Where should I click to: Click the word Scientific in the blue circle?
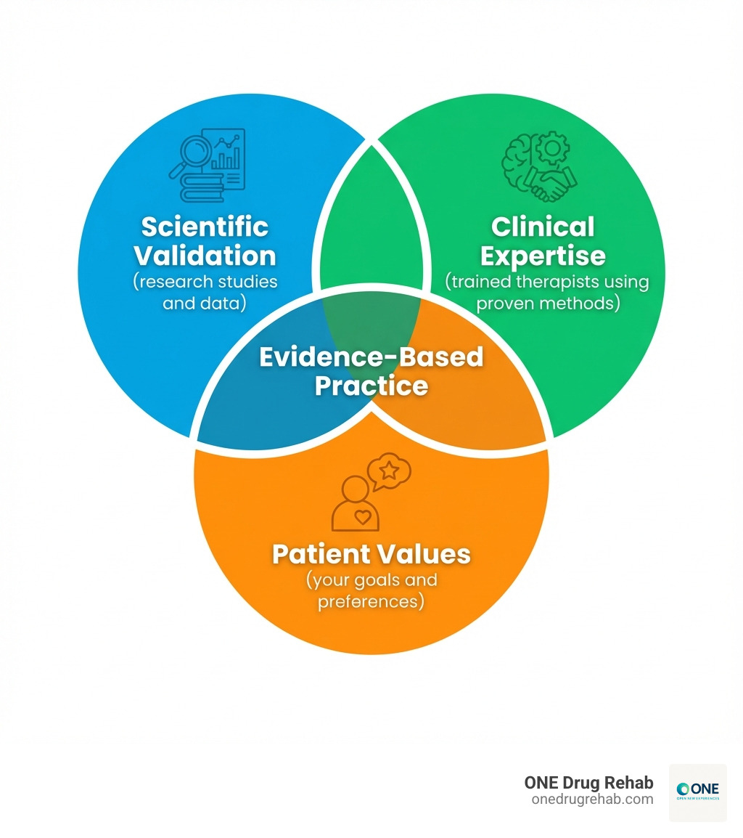point(205,227)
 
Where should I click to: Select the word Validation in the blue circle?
point(205,256)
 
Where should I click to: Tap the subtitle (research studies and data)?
point(205,292)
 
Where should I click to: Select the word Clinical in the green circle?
point(543,227)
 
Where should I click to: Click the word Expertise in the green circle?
point(543,256)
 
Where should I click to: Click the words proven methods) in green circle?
point(548,303)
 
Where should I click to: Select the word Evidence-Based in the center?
point(371,357)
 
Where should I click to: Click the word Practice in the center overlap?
point(371,385)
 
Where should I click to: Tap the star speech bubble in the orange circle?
point(390,471)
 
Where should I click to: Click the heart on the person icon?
point(362,517)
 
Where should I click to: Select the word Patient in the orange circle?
point(320,554)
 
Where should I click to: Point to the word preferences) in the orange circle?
point(371,601)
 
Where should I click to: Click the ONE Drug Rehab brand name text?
point(588,783)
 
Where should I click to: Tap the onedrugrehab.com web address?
point(592,799)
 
